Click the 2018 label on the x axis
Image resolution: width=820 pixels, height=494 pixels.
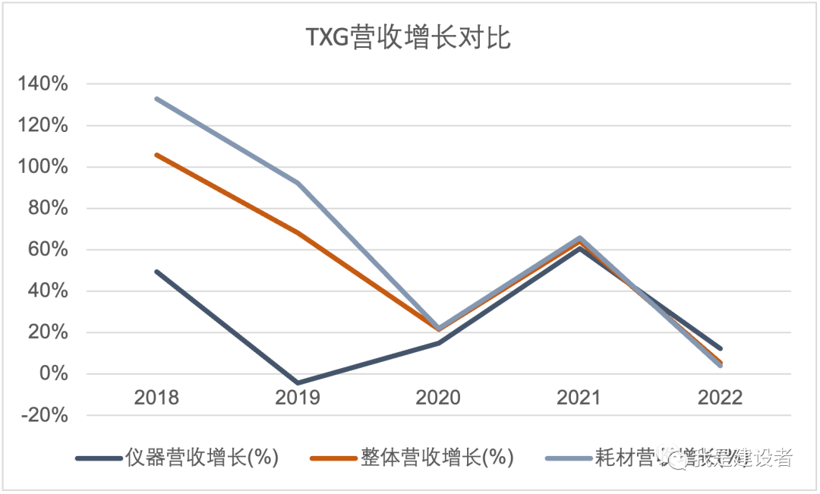tap(156, 398)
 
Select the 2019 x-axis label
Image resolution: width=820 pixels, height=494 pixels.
tap(298, 398)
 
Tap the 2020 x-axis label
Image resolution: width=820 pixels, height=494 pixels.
tap(438, 398)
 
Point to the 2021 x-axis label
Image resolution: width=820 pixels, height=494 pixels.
tap(579, 398)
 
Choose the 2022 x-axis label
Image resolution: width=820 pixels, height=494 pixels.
tap(719, 398)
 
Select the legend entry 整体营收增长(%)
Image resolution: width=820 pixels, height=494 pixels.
tap(437, 458)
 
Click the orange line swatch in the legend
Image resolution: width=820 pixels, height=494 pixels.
tap(334, 458)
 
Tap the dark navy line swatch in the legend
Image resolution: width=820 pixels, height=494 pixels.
tap(99, 458)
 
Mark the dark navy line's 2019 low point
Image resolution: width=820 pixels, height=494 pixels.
tap(298, 383)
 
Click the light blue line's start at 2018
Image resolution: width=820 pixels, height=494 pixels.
tap(156, 99)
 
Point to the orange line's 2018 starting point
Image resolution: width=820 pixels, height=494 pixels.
tap(156, 155)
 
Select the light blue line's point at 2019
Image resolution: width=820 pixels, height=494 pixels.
tap(298, 183)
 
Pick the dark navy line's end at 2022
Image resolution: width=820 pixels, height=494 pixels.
tap(719, 349)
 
